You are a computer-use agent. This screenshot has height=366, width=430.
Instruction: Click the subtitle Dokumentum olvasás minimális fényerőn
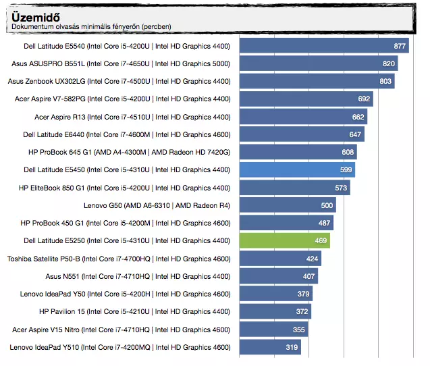91,27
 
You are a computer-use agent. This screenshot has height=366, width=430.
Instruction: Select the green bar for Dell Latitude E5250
284,240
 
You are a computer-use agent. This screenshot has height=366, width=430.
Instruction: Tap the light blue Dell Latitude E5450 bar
297,169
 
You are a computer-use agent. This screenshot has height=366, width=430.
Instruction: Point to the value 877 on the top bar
400,46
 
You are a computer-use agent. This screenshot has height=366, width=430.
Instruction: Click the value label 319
292,348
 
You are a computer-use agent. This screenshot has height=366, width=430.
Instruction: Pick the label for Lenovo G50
157,205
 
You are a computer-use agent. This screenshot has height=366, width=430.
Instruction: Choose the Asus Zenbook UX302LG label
119,81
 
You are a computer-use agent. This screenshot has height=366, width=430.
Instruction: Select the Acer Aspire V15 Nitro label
122,330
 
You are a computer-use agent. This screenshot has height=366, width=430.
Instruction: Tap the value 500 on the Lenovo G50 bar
327,205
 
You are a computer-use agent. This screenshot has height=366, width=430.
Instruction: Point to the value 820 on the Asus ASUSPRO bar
389,63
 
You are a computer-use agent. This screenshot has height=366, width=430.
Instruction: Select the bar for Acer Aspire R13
303,117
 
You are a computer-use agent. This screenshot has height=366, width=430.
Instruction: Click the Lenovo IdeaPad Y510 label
120,347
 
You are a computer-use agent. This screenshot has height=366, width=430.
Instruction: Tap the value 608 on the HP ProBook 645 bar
347,153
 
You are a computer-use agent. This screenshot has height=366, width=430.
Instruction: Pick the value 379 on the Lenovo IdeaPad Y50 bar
304,294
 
